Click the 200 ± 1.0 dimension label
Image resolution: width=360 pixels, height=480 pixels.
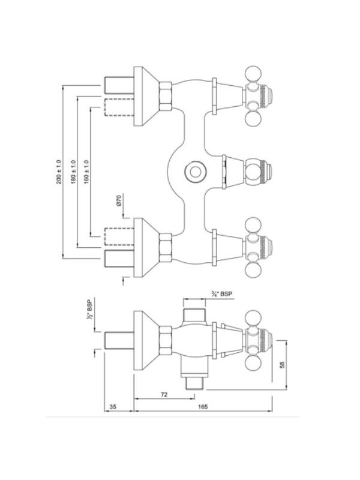(x=59, y=172)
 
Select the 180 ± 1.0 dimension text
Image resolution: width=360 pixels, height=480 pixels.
(x=73, y=172)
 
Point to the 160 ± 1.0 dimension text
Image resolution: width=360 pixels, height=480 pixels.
(x=86, y=172)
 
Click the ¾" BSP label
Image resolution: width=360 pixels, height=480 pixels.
(x=221, y=294)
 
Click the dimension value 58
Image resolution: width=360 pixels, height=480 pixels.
(x=282, y=365)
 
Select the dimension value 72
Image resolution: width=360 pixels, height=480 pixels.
(x=164, y=395)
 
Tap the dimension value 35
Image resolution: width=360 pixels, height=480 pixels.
(x=113, y=407)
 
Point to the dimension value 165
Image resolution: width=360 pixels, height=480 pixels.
(x=203, y=407)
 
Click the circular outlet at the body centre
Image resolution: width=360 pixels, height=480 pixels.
(x=196, y=172)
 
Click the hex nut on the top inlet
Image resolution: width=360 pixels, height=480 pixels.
(x=166, y=96)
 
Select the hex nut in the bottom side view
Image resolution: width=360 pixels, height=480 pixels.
(x=166, y=340)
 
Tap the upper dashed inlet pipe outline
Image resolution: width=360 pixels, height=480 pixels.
(x=119, y=107)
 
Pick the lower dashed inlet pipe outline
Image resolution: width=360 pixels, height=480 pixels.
(x=119, y=236)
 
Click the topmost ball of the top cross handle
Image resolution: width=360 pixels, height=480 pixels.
(x=253, y=74)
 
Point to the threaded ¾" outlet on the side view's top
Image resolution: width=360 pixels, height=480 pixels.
(x=194, y=315)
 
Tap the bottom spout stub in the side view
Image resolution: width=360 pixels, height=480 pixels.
(x=194, y=383)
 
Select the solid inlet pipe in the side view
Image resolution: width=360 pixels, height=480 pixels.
(x=119, y=340)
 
